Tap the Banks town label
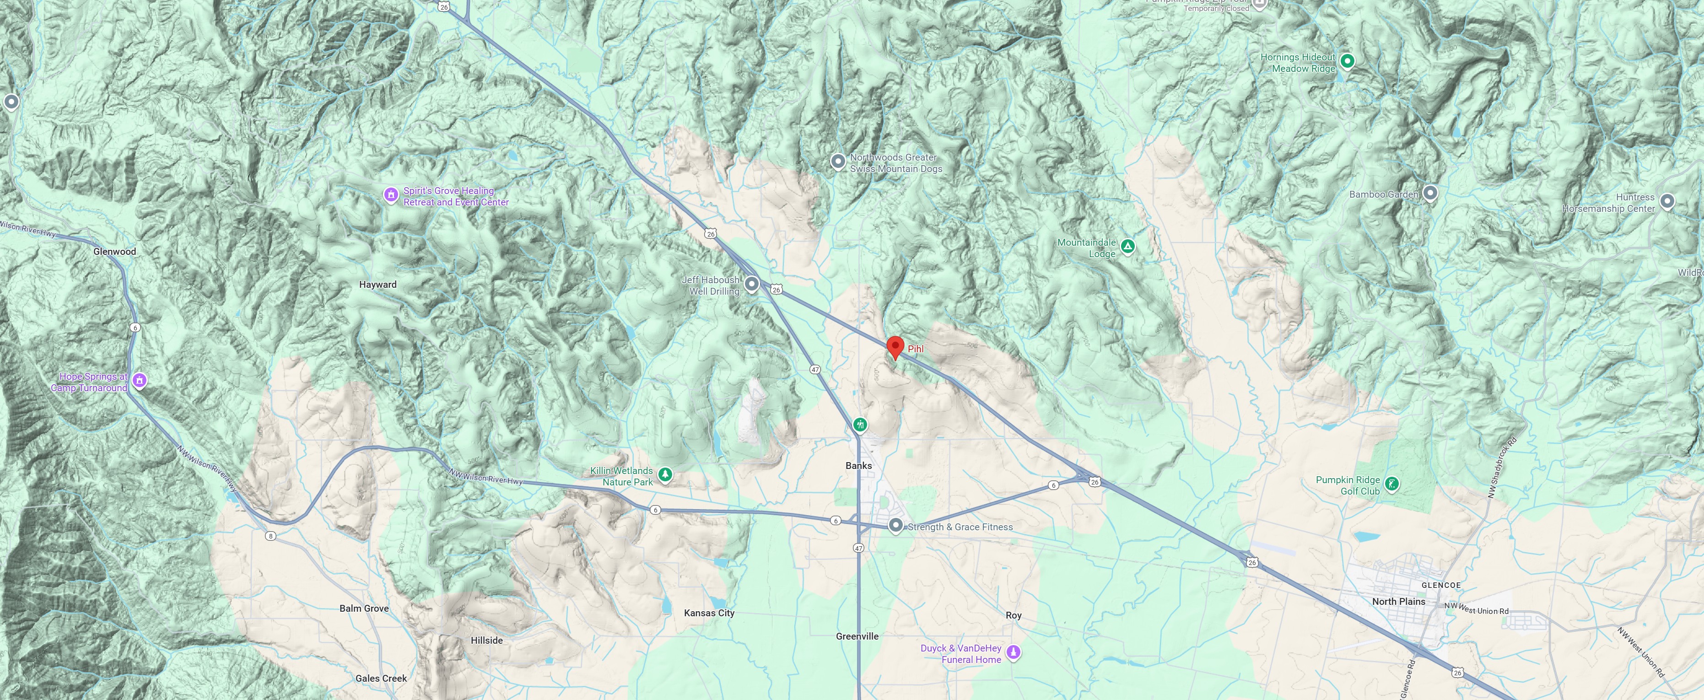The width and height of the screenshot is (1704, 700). coord(858,466)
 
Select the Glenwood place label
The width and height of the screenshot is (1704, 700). coord(114,252)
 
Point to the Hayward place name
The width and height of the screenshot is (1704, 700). coord(377,285)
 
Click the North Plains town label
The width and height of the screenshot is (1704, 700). coord(1398,602)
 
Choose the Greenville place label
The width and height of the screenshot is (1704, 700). coord(857,636)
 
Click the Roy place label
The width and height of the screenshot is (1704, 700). coord(1014,615)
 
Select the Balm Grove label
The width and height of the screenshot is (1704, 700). coord(364,608)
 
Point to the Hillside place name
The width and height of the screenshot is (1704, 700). coord(487,641)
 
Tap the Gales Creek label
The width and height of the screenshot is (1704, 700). coord(381,678)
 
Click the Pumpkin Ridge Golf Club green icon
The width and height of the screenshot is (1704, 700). coord(1391,485)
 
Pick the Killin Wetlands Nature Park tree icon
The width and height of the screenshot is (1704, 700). coord(665,474)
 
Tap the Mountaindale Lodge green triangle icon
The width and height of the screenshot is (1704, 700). coord(1128,247)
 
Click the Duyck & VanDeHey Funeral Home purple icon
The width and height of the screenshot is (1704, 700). coord(1013,653)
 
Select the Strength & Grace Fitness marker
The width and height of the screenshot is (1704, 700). coord(895,526)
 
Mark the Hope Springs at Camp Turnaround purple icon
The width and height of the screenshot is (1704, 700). coord(139,381)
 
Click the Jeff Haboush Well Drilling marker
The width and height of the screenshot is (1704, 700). coord(751,285)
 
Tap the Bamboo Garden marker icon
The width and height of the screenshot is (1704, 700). coord(1430,193)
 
